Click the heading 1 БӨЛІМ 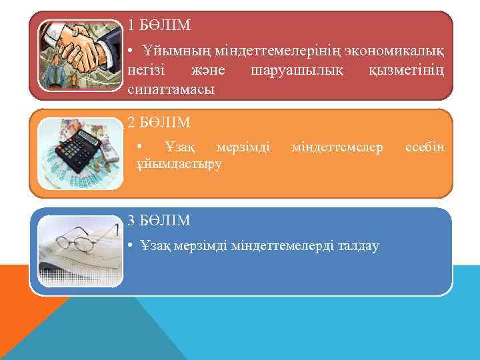tap(159, 26)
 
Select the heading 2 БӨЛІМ tap(159, 123)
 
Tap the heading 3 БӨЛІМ tap(159, 221)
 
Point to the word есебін tap(424, 145)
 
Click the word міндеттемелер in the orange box tap(337, 145)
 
